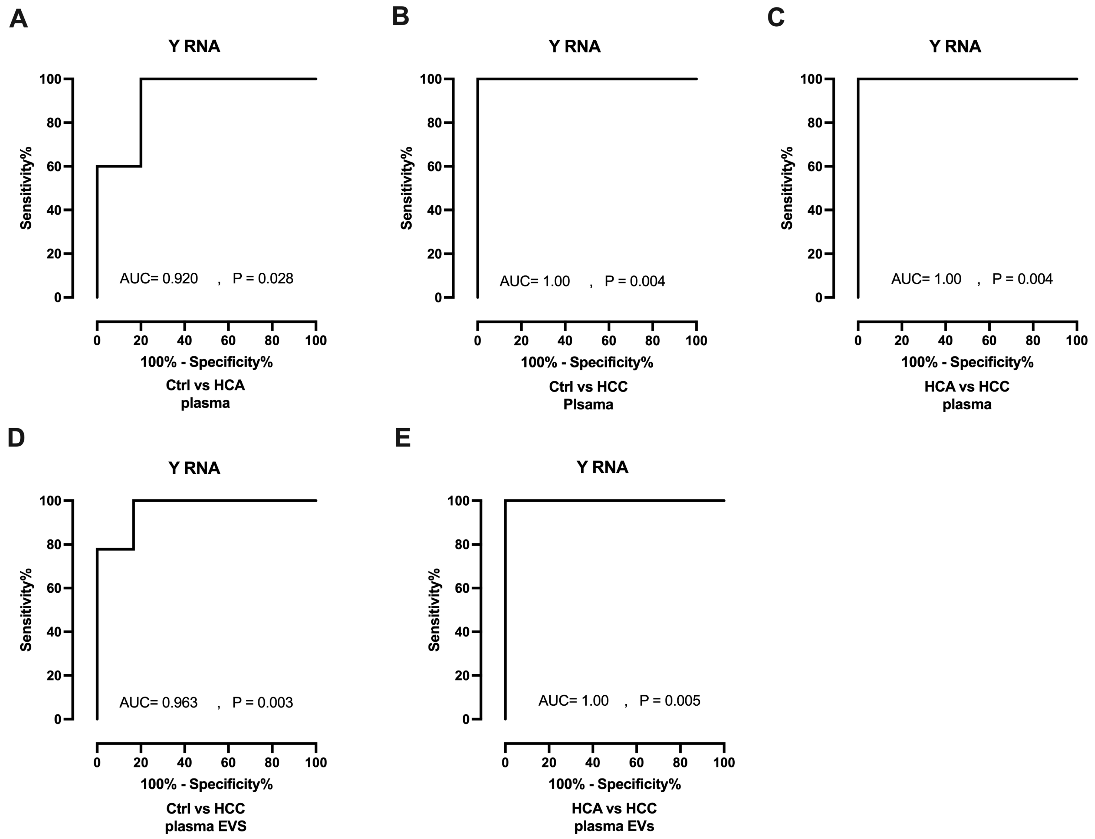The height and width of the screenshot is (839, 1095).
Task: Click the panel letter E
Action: (x=403, y=438)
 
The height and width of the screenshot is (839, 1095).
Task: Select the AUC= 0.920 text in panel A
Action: (x=159, y=279)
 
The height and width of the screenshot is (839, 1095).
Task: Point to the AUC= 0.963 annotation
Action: (x=158, y=703)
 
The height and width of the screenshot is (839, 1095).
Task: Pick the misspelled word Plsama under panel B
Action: (x=588, y=404)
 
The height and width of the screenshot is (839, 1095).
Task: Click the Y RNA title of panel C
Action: (x=955, y=46)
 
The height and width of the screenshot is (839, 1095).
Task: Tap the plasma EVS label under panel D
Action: (x=206, y=826)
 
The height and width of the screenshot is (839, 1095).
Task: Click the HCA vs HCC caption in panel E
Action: (x=614, y=808)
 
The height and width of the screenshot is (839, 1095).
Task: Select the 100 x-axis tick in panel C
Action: (x=1077, y=341)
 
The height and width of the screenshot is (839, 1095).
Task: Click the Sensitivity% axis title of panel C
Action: (x=787, y=188)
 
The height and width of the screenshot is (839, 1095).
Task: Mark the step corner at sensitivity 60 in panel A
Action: (x=141, y=166)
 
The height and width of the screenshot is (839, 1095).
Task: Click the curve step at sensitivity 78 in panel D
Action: (x=133, y=549)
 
